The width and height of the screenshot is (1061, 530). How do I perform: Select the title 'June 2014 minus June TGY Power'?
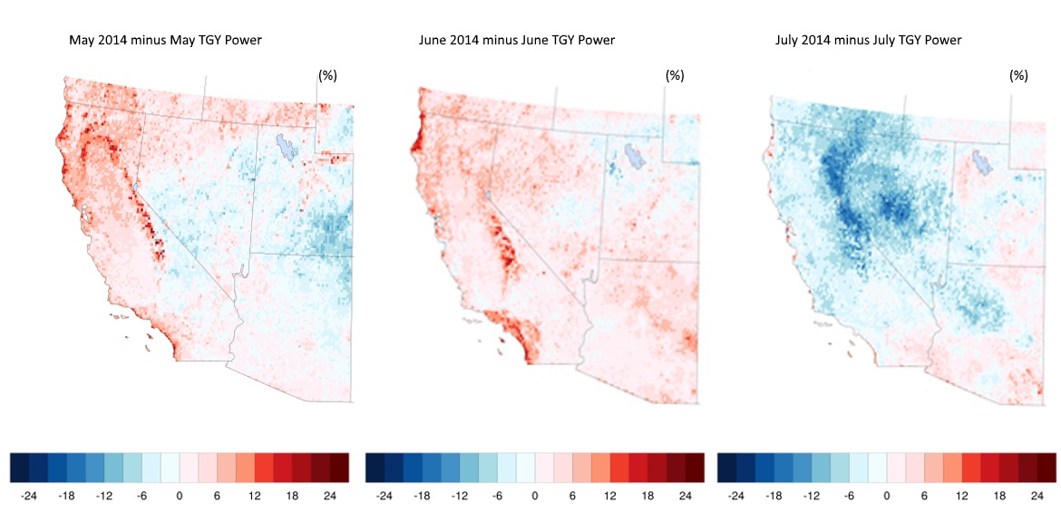coord(517,41)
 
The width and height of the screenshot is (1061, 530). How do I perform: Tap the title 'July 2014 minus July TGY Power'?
coord(868,41)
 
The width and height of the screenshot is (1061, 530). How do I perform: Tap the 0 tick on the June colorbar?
coord(534,496)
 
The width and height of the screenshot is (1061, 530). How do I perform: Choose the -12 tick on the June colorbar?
coord(459,496)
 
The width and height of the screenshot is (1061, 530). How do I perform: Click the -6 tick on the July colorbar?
coord(849,496)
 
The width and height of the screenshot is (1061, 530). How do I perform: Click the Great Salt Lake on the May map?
coord(287,147)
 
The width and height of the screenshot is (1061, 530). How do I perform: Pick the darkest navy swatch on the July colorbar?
coord(726,467)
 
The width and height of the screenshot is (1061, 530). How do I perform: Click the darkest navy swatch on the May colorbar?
coord(19,467)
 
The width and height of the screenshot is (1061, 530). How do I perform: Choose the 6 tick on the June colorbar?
coord(572,496)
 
